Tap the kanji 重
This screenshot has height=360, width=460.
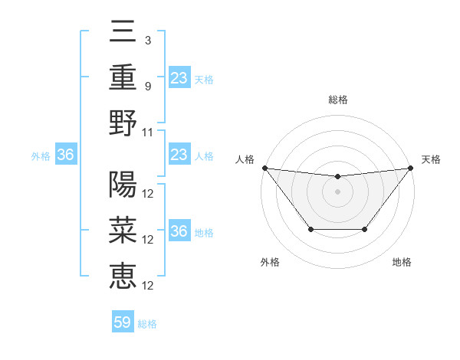(123, 79)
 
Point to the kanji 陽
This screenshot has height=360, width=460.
(123, 186)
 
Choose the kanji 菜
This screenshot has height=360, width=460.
(123, 231)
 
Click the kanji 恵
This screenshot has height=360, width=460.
(123, 275)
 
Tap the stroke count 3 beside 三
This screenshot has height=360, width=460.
(147, 40)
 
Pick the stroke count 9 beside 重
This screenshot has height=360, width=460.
(147, 86)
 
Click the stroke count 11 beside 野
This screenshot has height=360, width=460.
(149, 132)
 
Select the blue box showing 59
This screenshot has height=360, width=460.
(123, 322)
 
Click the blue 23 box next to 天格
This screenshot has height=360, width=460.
(179, 77)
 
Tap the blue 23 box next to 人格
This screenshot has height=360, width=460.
(179, 155)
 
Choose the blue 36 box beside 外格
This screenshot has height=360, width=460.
(66, 155)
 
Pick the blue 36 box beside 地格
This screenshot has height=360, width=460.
(179, 232)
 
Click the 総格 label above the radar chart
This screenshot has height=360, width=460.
(338, 100)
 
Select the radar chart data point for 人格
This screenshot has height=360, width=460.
(264, 168)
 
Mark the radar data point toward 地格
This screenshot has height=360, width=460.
(365, 229)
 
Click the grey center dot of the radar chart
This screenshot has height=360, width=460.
(337, 191)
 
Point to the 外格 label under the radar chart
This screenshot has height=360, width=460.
(270, 262)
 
